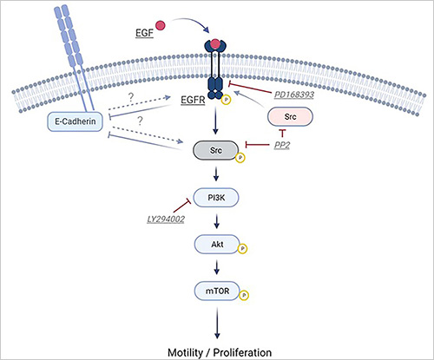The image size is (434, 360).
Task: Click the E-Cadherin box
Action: pos(75,121)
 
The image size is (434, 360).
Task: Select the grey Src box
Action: pos(215,150)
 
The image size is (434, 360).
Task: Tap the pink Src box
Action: pos(290,116)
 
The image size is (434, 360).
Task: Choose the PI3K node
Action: pos(216,198)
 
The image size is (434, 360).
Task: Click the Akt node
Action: pos(217,245)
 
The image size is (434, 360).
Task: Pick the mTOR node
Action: pos(217,291)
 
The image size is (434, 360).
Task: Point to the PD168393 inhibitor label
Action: pos(294,95)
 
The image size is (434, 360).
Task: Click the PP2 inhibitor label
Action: pos(282,145)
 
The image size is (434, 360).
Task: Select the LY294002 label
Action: pos(166,219)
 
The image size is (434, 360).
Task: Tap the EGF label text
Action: pos(144,33)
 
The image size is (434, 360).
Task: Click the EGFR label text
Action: pos(193,100)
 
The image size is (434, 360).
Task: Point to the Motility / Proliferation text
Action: pos(220,352)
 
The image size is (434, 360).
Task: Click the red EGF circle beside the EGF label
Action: pos(160,25)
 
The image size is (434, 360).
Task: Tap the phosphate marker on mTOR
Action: pos(244,295)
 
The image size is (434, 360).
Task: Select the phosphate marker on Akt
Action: pos(242,248)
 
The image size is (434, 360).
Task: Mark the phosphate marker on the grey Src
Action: pos(240,158)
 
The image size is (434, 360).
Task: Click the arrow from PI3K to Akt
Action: pos(217,221)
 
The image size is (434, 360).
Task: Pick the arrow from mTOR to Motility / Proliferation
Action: pos(217,323)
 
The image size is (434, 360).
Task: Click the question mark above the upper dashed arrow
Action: pos(131,97)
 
